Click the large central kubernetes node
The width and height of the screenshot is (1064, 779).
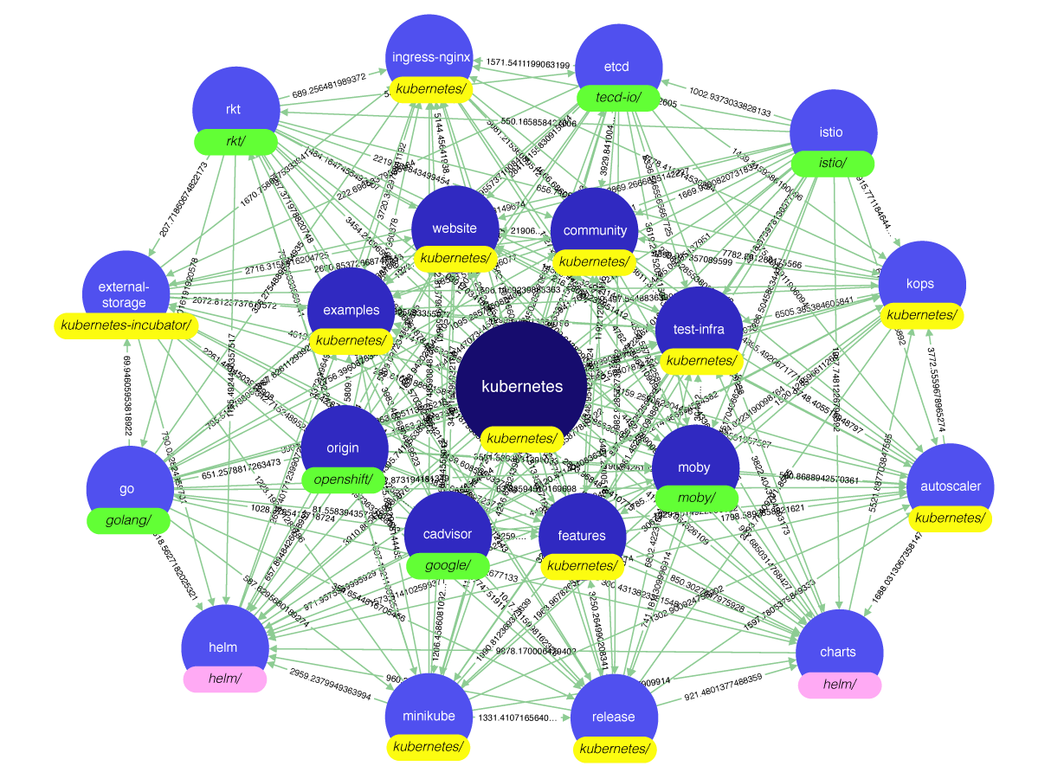coord(521,381)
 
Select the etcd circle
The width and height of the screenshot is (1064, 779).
coord(617,61)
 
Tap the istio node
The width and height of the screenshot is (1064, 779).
coord(832,127)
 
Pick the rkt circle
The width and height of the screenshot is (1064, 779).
coord(235,105)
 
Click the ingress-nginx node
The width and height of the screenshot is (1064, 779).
coord(430,54)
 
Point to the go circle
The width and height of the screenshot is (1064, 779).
coord(128,484)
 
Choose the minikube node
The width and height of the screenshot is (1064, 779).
coord(429,711)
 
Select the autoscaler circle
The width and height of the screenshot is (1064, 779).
coord(950,482)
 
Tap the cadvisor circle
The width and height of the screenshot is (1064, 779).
coord(448,530)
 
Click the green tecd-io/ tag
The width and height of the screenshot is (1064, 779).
coord(618,98)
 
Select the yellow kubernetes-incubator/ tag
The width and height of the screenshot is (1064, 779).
coord(126,326)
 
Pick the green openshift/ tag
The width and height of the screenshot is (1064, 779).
coord(343,480)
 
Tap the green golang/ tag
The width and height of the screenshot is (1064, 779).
coord(128,520)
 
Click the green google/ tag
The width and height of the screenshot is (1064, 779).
coord(448,566)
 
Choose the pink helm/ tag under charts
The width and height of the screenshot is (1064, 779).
coord(839,685)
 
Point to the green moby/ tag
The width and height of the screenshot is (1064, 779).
coord(696,498)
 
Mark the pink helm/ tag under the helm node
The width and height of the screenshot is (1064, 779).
coord(224,679)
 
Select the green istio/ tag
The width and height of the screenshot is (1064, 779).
coord(832,164)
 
